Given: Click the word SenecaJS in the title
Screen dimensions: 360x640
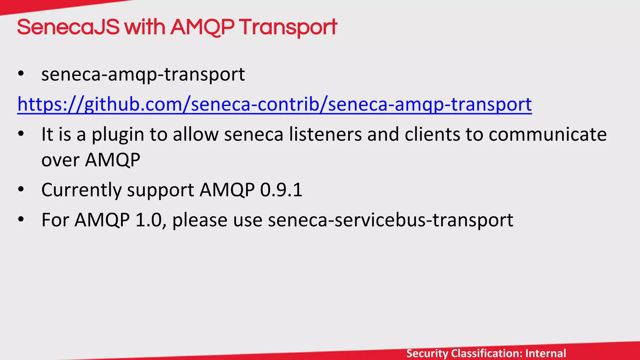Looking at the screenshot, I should tap(68, 27).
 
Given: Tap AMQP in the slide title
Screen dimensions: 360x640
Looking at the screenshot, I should tap(202, 27).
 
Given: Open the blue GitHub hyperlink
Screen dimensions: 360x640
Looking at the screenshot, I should tap(274, 104).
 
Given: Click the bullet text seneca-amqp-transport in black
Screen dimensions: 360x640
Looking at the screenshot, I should tap(143, 74).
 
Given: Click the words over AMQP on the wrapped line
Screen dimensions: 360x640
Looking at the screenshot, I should tap(91, 160).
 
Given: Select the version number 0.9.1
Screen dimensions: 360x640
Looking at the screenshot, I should tap(281, 190).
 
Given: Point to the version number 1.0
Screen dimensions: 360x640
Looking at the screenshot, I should tap(148, 220).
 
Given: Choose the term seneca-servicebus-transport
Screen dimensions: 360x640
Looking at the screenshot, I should tap(390, 220).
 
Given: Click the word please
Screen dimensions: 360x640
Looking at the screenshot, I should tap(200, 220).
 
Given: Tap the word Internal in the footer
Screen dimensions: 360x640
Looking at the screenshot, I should tap(546, 353).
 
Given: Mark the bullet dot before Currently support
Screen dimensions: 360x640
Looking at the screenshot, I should tap(21, 189).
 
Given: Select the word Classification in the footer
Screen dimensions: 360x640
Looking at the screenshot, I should tap(487, 353).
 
